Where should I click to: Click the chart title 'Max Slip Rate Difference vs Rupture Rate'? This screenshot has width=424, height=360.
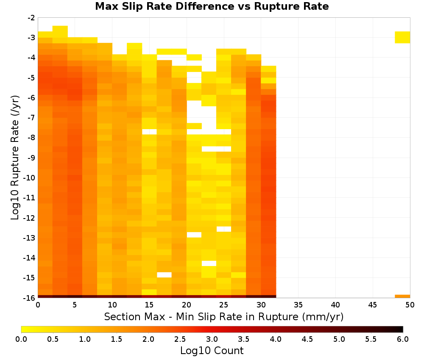(x=212, y=6)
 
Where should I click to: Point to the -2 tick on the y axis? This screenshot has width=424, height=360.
(x=31, y=18)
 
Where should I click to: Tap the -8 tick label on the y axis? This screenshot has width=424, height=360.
(x=31, y=138)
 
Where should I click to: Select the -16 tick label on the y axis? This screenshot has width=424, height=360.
(x=30, y=298)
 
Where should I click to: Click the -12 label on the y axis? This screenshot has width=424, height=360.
(x=30, y=218)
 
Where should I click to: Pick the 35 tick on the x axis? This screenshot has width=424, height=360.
(x=298, y=305)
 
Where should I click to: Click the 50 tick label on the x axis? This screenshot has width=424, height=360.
(x=410, y=305)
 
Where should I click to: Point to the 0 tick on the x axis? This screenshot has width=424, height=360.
(x=38, y=305)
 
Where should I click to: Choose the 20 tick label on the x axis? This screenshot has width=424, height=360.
(x=187, y=305)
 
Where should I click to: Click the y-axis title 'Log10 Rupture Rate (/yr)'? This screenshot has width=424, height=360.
(x=15, y=158)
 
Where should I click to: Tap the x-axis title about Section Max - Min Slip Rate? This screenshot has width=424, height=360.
(x=224, y=316)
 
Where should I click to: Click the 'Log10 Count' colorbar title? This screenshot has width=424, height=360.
(x=212, y=351)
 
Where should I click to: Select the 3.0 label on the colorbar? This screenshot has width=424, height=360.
(x=212, y=339)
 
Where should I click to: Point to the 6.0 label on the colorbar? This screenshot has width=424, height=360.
(x=403, y=339)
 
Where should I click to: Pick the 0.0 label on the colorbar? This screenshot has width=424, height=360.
(x=21, y=339)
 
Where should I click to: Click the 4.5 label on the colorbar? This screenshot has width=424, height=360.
(x=307, y=339)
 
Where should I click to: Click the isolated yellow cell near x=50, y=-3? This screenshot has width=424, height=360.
(x=402, y=37)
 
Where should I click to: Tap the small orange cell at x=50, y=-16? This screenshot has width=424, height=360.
(x=402, y=296)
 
